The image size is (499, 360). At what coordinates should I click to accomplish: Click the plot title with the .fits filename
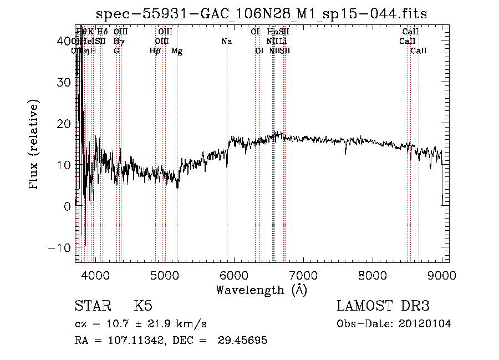(261, 14)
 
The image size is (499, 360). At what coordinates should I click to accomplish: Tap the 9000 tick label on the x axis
(441, 275)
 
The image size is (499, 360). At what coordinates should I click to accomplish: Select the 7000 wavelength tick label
(303, 275)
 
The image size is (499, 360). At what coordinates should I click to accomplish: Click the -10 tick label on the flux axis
(63, 247)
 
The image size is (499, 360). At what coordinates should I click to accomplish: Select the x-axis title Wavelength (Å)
(261, 290)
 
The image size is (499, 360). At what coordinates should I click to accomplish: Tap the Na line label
(226, 41)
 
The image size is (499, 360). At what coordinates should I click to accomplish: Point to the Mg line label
(177, 51)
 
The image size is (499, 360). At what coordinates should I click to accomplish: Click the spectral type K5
(143, 306)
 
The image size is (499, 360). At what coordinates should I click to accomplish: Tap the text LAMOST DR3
(383, 306)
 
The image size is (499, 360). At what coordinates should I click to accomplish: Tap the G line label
(116, 51)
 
